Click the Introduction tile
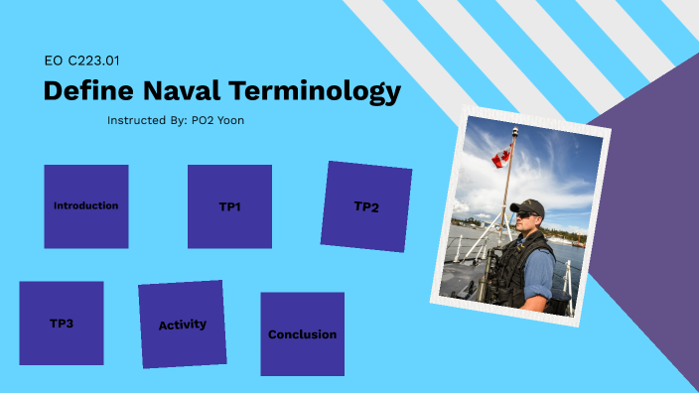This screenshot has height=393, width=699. coord(86,206)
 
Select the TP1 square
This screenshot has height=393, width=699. coord(229,207)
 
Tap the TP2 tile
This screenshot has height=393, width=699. coord(365,207)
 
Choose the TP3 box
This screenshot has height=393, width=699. coord(62,324)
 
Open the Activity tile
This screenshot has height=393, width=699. coord(182,325)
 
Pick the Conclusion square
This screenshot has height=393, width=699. coord(302,334)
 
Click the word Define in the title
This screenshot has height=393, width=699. coord(86,91)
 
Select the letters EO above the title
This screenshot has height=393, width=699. coord(54,62)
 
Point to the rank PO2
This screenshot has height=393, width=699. coord(202,120)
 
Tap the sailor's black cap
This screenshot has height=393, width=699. coord(529,206)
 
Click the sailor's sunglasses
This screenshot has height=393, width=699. coord(524,214)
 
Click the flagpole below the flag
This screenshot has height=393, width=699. coord(506,194)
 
